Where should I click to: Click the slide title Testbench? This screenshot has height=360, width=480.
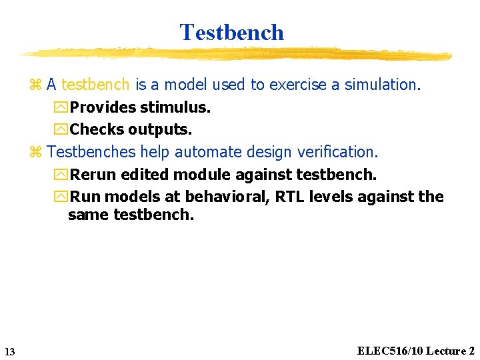click(x=231, y=32)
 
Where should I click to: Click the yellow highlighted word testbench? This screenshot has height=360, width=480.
click(x=96, y=85)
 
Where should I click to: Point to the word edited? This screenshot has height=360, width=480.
click(x=144, y=175)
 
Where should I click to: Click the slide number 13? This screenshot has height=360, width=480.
click(x=9, y=351)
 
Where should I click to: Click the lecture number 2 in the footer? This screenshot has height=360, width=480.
click(x=471, y=351)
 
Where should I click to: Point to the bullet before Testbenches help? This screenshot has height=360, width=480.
click(x=36, y=153)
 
